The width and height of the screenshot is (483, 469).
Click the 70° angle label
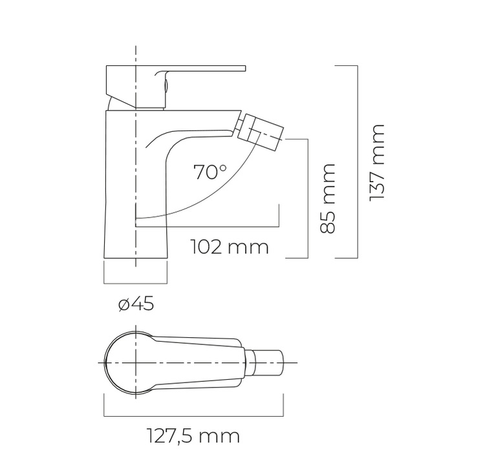[x=210, y=172]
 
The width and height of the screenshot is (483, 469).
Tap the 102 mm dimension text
[x=230, y=247]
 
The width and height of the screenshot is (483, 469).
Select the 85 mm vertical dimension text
[x=327, y=198]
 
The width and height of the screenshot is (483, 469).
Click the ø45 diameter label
[x=136, y=304]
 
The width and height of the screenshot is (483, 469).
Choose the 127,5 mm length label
[x=193, y=436]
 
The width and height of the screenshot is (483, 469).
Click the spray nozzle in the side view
[x=260, y=131]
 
